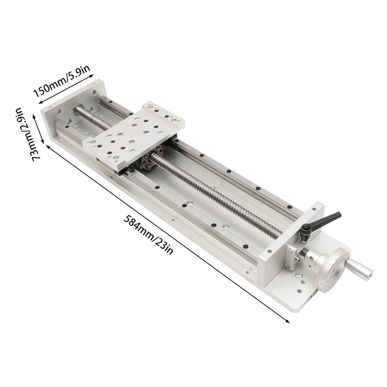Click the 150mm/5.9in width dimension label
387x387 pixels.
(62, 83)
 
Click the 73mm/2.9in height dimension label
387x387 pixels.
(24, 133)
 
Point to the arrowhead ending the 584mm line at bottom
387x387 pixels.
(288, 321)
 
